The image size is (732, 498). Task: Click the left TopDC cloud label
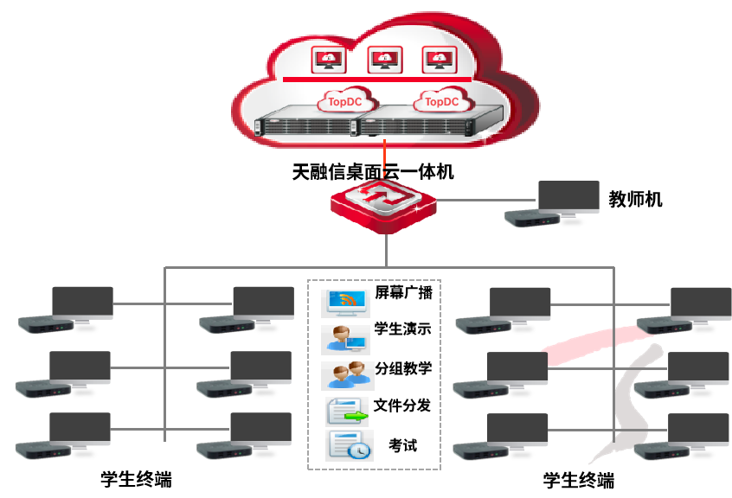[x=344, y=100]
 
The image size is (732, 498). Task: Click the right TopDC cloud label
[x=441, y=100]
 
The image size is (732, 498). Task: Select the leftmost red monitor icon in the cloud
[x=329, y=60]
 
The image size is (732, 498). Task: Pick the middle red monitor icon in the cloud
[x=385, y=60]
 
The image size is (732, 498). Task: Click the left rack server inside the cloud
[x=304, y=122]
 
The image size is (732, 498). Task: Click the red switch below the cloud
[x=383, y=205]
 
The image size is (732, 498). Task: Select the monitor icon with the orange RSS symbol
[x=346, y=303]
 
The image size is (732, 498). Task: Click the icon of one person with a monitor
[x=346, y=339]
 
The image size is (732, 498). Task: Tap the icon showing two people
[x=348, y=376]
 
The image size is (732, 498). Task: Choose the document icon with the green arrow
[x=347, y=411]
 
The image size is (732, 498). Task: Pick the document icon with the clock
[x=349, y=445]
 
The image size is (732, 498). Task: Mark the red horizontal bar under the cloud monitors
[x=377, y=80]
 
